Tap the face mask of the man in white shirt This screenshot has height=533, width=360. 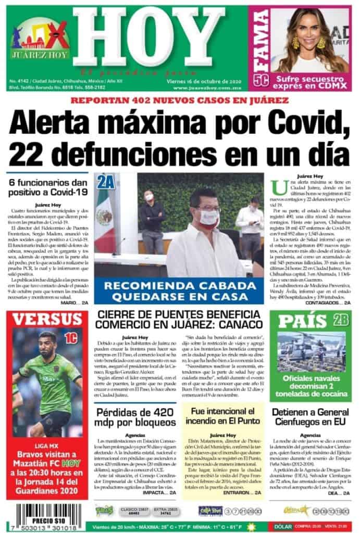pyautogui.click(x=208, y=218)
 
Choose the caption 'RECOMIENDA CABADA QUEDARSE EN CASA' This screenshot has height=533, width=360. pyautogui.click(x=181, y=290)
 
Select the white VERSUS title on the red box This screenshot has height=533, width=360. pyautogui.click(x=47, y=319)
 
